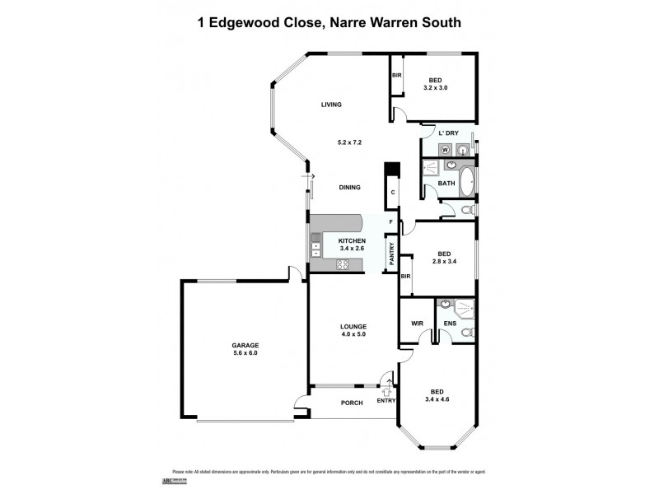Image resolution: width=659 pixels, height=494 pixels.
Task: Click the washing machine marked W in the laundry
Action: pos(446,150)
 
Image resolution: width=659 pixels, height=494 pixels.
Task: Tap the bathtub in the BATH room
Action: pos(467,182)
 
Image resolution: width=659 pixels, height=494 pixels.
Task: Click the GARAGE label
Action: pos(245,345)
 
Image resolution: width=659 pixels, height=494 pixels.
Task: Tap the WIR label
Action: pos(417,323)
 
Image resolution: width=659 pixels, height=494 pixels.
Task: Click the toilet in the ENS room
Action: pos(466,333)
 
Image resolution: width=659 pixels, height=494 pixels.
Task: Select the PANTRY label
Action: pos(391,254)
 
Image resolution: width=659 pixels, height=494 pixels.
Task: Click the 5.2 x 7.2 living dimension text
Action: pos(349,142)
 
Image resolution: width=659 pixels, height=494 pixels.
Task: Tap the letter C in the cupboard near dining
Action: pos(393,192)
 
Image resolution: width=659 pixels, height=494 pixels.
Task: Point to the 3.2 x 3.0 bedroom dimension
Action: pos(435,87)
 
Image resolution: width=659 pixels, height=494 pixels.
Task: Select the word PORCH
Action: pos(352,403)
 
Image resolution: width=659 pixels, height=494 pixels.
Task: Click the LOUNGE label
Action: pos(353,326)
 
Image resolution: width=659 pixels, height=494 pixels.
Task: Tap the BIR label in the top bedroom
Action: pos(396,76)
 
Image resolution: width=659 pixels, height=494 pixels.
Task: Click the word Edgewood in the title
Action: pos(250,23)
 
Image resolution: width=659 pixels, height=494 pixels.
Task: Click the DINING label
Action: pos(350,188)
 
